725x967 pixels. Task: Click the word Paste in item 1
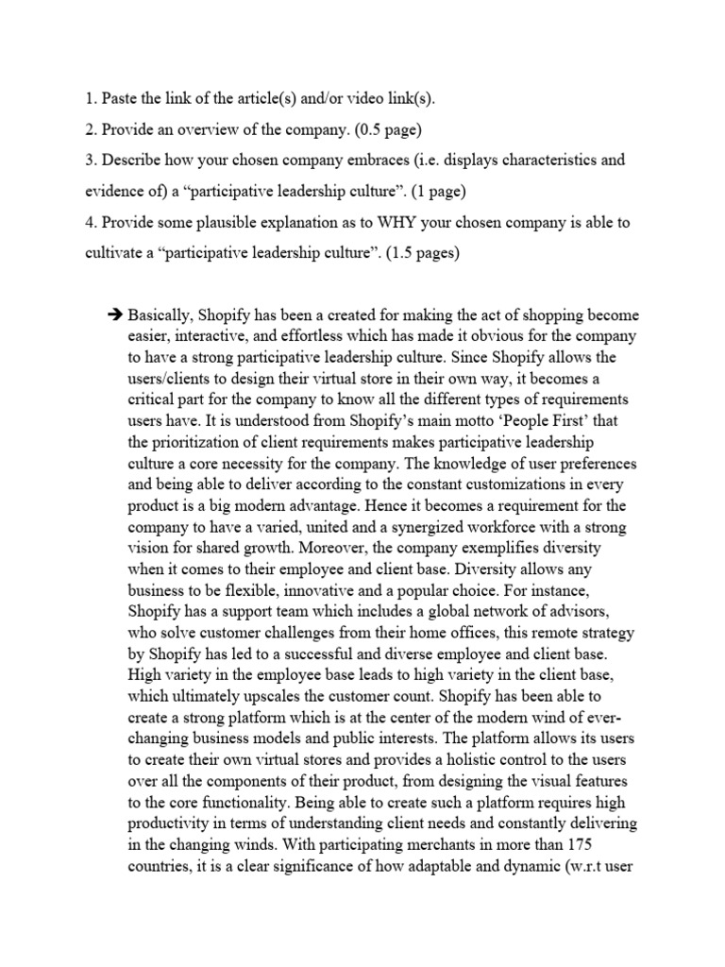pyautogui.click(x=120, y=98)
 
